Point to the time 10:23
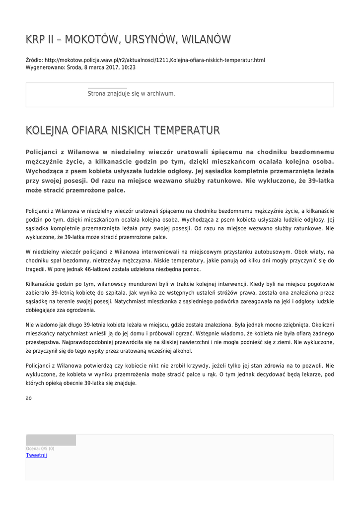[128, 67]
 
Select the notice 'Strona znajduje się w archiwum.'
[131, 93]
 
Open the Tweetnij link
[36, 455]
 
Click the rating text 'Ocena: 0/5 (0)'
[40, 448]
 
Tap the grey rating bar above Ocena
[51, 440]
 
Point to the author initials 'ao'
[29, 398]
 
